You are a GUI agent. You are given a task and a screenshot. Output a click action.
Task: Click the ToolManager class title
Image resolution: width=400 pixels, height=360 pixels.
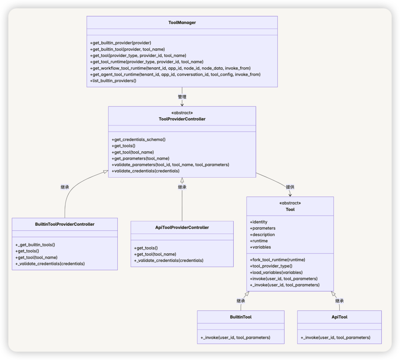point(182,23)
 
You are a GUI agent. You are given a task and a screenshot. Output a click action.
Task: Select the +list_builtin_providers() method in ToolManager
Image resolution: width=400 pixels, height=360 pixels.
point(113,81)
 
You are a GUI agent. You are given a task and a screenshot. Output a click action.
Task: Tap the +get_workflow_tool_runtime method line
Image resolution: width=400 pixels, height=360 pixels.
point(170,68)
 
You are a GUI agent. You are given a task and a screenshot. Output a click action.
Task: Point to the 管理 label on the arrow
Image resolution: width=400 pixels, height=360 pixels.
point(182,97)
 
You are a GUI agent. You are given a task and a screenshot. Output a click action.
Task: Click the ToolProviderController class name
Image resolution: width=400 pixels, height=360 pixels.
point(182,119)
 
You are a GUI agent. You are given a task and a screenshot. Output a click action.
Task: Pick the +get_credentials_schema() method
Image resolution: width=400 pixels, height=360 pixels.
point(139,139)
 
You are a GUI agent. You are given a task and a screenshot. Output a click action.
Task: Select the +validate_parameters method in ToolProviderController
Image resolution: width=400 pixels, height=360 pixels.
point(170,165)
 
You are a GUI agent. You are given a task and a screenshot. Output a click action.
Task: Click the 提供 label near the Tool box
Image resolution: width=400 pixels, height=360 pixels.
point(290,187)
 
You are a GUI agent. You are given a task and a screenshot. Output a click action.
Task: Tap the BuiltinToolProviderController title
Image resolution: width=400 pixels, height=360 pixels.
point(65,224)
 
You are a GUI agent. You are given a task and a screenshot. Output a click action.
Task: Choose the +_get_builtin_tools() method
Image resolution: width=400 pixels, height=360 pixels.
point(35,245)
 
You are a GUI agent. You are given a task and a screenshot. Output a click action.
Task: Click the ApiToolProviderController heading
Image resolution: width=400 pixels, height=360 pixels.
point(182,228)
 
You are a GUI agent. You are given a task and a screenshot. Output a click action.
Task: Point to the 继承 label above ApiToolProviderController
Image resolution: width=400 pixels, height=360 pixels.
point(182,187)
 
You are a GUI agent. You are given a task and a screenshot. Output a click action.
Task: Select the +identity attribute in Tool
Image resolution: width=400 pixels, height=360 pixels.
point(259,222)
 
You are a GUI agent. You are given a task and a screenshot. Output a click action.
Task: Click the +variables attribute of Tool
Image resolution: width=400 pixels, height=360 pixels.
point(260,247)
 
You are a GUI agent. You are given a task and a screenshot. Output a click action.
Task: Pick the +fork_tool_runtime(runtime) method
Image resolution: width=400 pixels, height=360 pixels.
point(277,260)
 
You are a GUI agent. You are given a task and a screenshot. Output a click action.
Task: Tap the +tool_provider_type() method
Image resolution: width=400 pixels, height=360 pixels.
point(271,266)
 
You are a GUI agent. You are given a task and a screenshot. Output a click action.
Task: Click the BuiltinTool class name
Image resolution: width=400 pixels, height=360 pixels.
point(241,317)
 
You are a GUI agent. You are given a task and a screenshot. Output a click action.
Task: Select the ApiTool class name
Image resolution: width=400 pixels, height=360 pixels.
point(339,317)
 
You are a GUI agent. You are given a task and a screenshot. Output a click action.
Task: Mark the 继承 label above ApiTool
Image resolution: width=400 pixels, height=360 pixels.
point(339,301)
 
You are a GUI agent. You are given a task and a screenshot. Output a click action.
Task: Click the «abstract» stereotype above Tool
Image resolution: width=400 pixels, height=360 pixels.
point(290,203)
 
